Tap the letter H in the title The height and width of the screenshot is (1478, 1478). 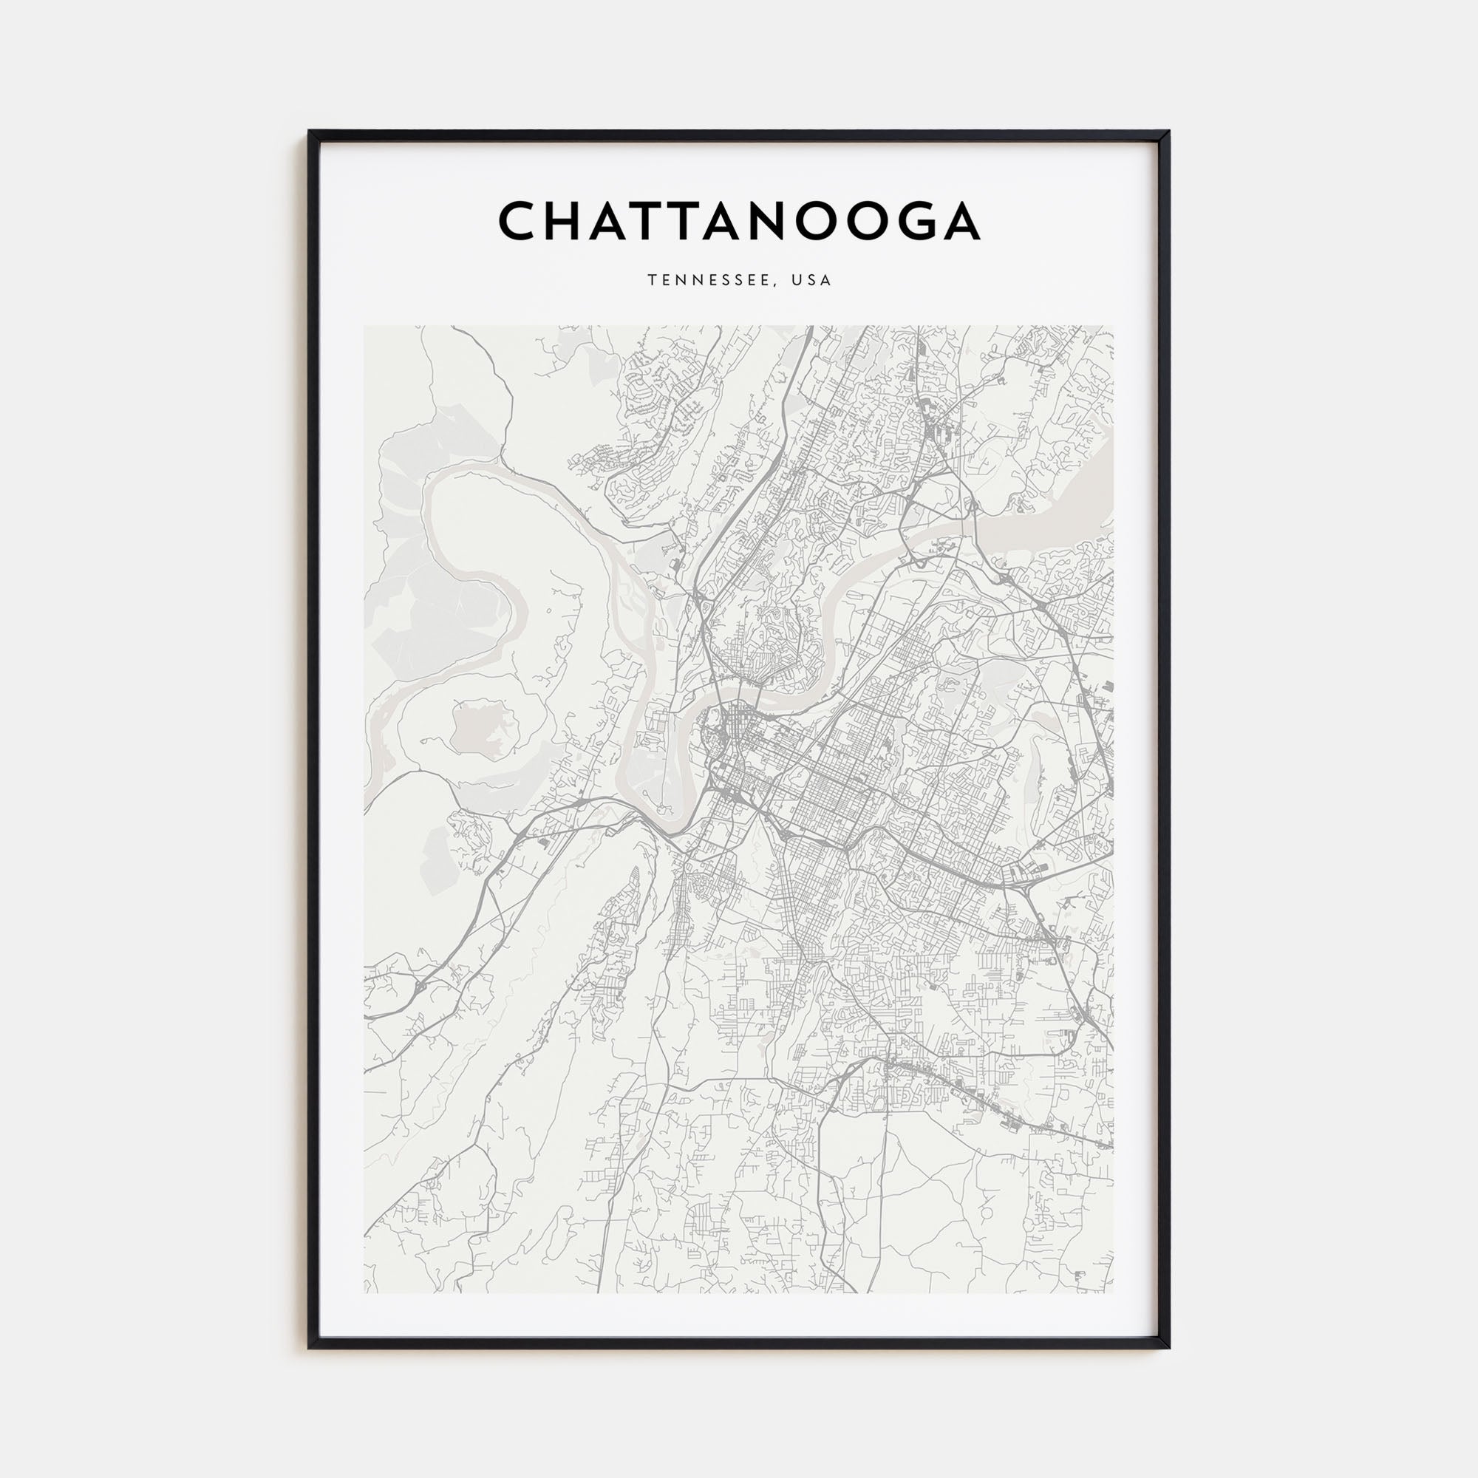(568, 221)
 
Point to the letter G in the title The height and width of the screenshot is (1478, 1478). (911, 221)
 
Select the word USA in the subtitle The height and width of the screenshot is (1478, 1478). (811, 281)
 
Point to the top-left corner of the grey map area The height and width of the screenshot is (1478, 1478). (365, 327)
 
